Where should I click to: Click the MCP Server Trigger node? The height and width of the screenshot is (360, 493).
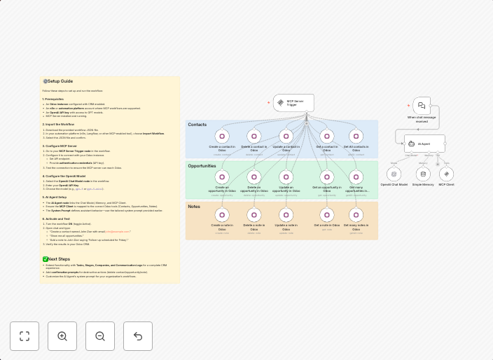click(x=293, y=103)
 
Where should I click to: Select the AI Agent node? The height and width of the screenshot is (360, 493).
click(x=424, y=144)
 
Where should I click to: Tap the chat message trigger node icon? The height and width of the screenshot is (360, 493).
click(x=422, y=106)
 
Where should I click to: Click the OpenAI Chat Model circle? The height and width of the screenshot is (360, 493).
click(x=394, y=174)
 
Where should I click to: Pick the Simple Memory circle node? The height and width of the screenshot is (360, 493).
click(x=423, y=174)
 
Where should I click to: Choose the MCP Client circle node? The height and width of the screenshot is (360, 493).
click(x=446, y=174)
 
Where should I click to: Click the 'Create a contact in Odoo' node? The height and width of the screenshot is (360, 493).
click(x=222, y=136)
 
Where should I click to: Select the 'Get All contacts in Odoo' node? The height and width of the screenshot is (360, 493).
click(x=356, y=136)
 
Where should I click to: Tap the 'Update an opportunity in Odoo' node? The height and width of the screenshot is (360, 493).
click(x=286, y=176)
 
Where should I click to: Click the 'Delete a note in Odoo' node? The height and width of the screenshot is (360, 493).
click(x=254, y=214)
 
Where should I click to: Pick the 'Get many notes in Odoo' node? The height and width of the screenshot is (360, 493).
click(x=356, y=214)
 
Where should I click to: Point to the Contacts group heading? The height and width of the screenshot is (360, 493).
click(x=197, y=125)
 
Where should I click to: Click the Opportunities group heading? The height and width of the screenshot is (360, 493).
click(x=202, y=166)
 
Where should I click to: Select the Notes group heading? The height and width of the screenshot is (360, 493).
click(x=194, y=207)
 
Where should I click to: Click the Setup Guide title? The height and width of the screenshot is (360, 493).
click(x=60, y=81)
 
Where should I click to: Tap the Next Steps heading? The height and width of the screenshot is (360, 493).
click(x=58, y=259)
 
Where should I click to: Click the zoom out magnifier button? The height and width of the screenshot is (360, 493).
click(x=100, y=336)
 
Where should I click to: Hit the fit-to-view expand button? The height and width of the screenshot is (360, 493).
click(x=25, y=336)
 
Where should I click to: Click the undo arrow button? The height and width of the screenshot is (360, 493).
click(x=138, y=336)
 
